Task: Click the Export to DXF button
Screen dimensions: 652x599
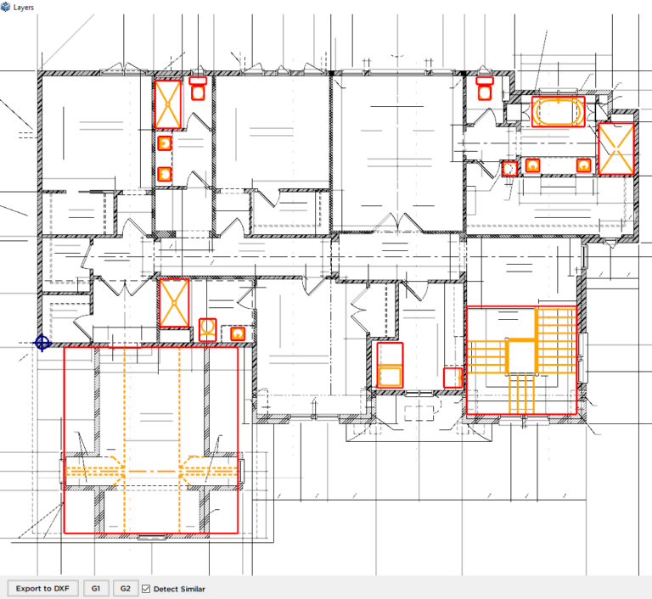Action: [42, 589]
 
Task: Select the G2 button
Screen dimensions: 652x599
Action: [125, 589]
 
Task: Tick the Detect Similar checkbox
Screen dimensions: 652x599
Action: [146, 589]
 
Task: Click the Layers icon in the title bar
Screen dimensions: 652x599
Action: [5, 7]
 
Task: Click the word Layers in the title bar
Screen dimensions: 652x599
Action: [24, 8]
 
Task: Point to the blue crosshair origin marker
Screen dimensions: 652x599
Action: [42, 344]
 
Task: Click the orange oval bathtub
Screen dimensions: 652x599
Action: [558, 111]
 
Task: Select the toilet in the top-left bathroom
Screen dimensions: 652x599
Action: [198, 88]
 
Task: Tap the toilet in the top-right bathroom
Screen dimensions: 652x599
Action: [485, 88]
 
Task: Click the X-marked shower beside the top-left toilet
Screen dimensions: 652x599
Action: [168, 104]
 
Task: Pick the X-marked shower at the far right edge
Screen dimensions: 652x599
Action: [615, 148]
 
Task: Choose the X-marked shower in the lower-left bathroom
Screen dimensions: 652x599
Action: [174, 303]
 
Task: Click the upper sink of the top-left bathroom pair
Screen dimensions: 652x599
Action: [165, 143]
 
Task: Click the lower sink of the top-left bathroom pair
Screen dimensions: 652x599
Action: [165, 174]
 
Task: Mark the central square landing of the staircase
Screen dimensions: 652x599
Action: [521, 356]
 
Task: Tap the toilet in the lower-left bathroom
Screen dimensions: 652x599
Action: [207, 330]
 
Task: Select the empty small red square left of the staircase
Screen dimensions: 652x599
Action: [452, 378]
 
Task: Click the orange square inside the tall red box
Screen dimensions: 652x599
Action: [390, 377]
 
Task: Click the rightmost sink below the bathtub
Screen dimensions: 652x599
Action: [584, 165]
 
